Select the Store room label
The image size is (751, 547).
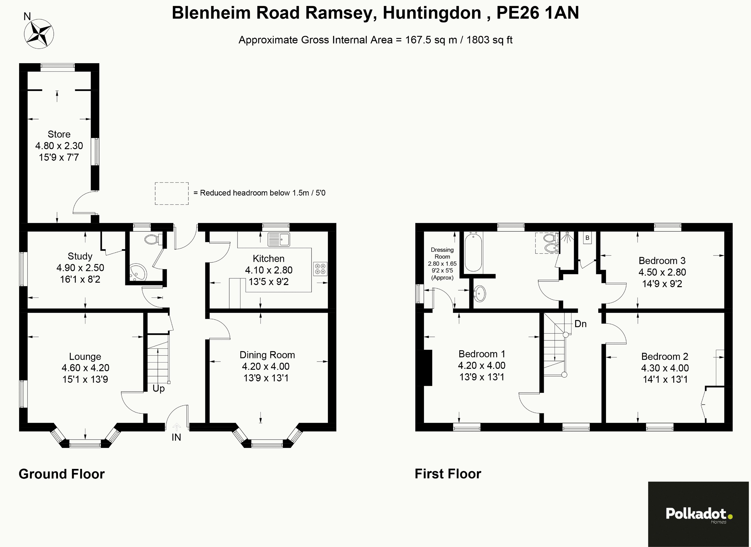(x=59, y=134)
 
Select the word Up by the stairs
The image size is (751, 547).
(x=159, y=388)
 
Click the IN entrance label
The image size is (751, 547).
(x=176, y=437)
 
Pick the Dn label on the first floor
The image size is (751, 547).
(x=581, y=324)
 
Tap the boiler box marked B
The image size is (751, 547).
(x=587, y=238)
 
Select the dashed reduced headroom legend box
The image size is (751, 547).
(x=172, y=193)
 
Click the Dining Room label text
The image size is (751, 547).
(x=267, y=355)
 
